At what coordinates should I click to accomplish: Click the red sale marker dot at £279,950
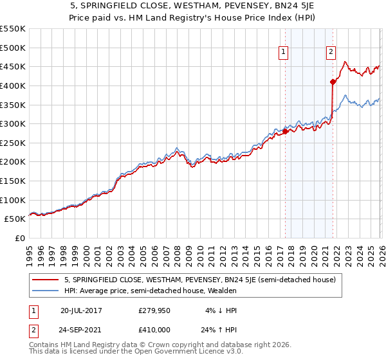[285, 131]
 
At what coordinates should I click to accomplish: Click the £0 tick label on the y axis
[19, 238]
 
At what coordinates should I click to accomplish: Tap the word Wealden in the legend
[222, 291]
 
